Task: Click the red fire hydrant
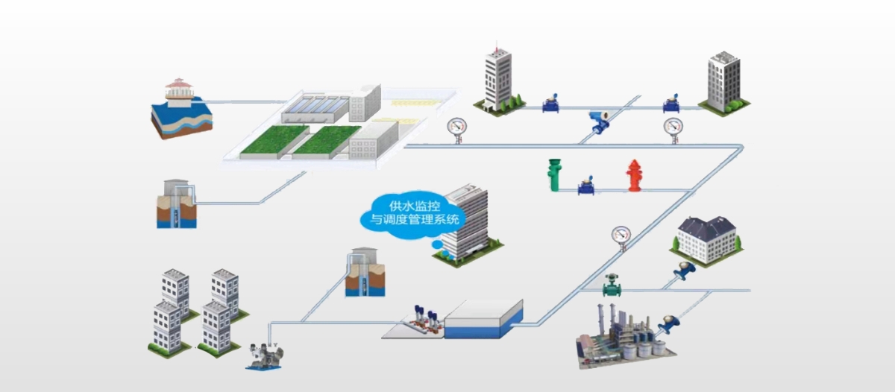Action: pos(634,176)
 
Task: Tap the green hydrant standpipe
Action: pos(553,174)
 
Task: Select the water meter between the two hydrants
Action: pos(585,183)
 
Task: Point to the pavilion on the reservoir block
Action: pos(179,89)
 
